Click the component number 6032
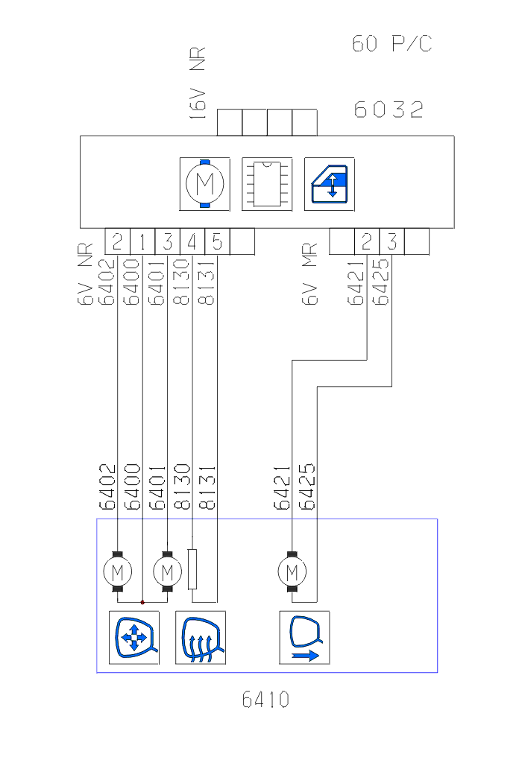(389, 110)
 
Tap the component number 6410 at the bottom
(265, 700)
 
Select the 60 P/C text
(392, 44)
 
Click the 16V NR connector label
(198, 82)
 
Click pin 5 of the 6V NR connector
(217, 241)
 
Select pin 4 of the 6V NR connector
(192, 241)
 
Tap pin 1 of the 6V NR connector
(142, 241)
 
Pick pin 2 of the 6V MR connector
(367, 241)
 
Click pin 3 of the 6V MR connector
(392, 241)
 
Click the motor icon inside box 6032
(205, 183)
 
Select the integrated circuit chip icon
(267, 183)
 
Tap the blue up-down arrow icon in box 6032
(330, 183)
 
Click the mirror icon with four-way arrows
(134, 638)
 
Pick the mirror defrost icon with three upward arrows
(200, 638)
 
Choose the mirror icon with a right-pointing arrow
(304, 638)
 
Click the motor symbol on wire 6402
(117, 572)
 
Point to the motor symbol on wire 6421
(292, 572)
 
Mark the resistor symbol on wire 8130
(192, 569)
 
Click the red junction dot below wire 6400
(142, 601)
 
